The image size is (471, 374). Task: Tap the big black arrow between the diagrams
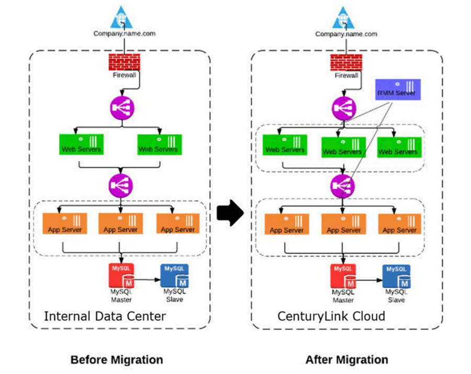230,212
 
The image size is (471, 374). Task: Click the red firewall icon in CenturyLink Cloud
346,62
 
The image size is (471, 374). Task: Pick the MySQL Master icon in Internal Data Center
121,276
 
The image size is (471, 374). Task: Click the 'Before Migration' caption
117,359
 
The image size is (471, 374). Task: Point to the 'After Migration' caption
346,359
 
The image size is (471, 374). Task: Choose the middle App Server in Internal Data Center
120,224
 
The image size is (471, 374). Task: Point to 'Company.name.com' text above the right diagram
346,34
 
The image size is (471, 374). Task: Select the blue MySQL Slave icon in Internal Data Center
174,276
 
